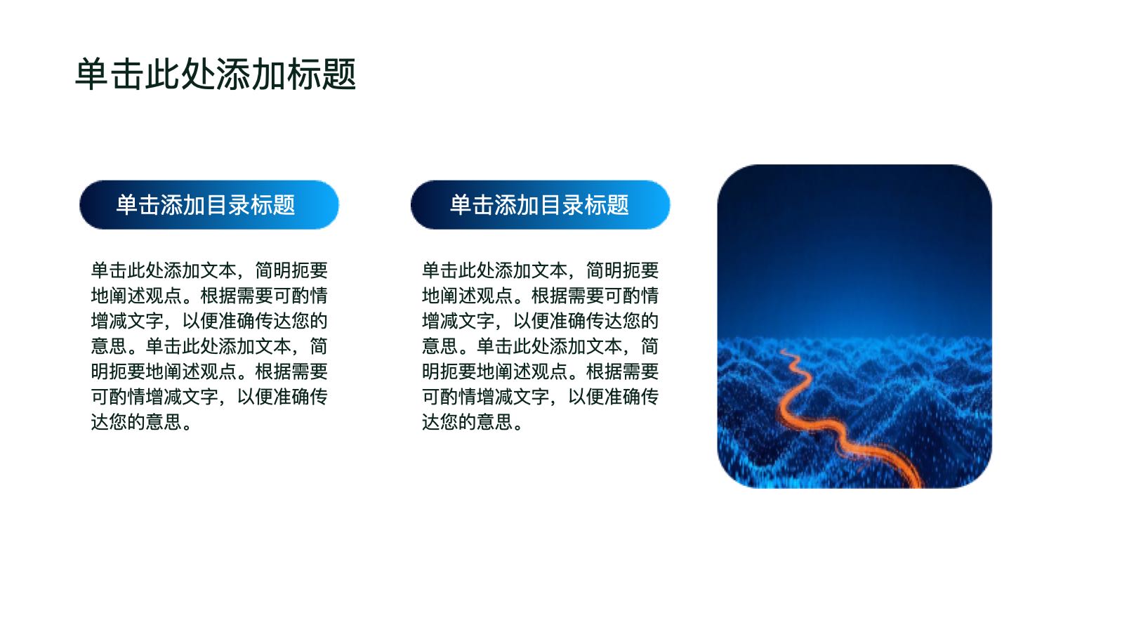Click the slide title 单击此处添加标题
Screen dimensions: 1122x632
(x=216, y=74)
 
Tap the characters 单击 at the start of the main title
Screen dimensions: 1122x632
(x=110, y=74)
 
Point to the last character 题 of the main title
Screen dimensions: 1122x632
(x=338, y=74)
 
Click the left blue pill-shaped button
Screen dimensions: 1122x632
(x=209, y=205)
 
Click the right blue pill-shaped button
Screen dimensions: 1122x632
(x=541, y=205)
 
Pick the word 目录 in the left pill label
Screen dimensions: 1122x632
(x=228, y=205)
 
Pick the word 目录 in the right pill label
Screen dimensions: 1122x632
(x=562, y=205)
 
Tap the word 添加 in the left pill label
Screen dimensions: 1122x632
(x=183, y=205)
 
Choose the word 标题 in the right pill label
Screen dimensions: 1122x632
(x=607, y=205)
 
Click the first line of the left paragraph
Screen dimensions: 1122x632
(x=209, y=270)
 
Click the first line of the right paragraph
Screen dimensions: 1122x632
(x=541, y=270)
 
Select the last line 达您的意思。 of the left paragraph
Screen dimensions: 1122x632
(x=141, y=421)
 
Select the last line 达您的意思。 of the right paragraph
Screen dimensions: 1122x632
(x=473, y=421)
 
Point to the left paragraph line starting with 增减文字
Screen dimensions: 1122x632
(x=209, y=321)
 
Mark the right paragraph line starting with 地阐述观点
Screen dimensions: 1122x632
(x=541, y=296)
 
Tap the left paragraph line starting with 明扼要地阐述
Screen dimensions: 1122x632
(x=209, y=371)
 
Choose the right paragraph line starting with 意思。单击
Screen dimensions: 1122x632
(x=541, y=346)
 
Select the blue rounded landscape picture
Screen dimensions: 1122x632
(x=854, y=326)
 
